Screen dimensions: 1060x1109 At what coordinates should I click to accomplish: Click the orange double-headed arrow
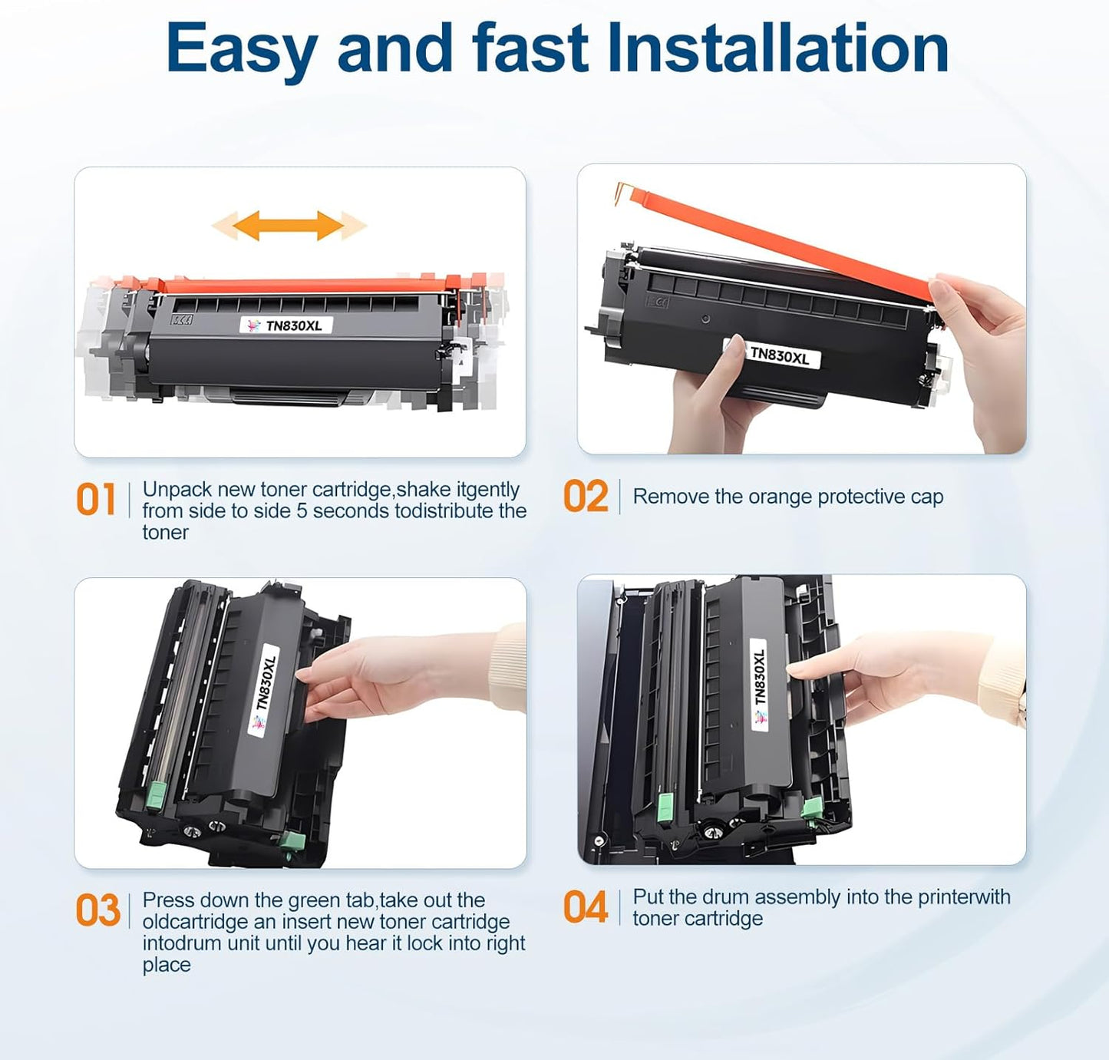coord(289,226)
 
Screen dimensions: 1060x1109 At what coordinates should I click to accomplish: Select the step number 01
coord(96,500)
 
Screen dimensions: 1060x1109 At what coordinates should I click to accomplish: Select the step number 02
coord(586,497)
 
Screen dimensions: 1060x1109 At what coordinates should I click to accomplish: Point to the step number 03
coord(97,910)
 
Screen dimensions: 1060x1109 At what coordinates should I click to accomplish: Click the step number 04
coord(586,907)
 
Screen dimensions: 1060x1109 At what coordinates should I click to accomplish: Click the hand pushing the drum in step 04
coord(883,675)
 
